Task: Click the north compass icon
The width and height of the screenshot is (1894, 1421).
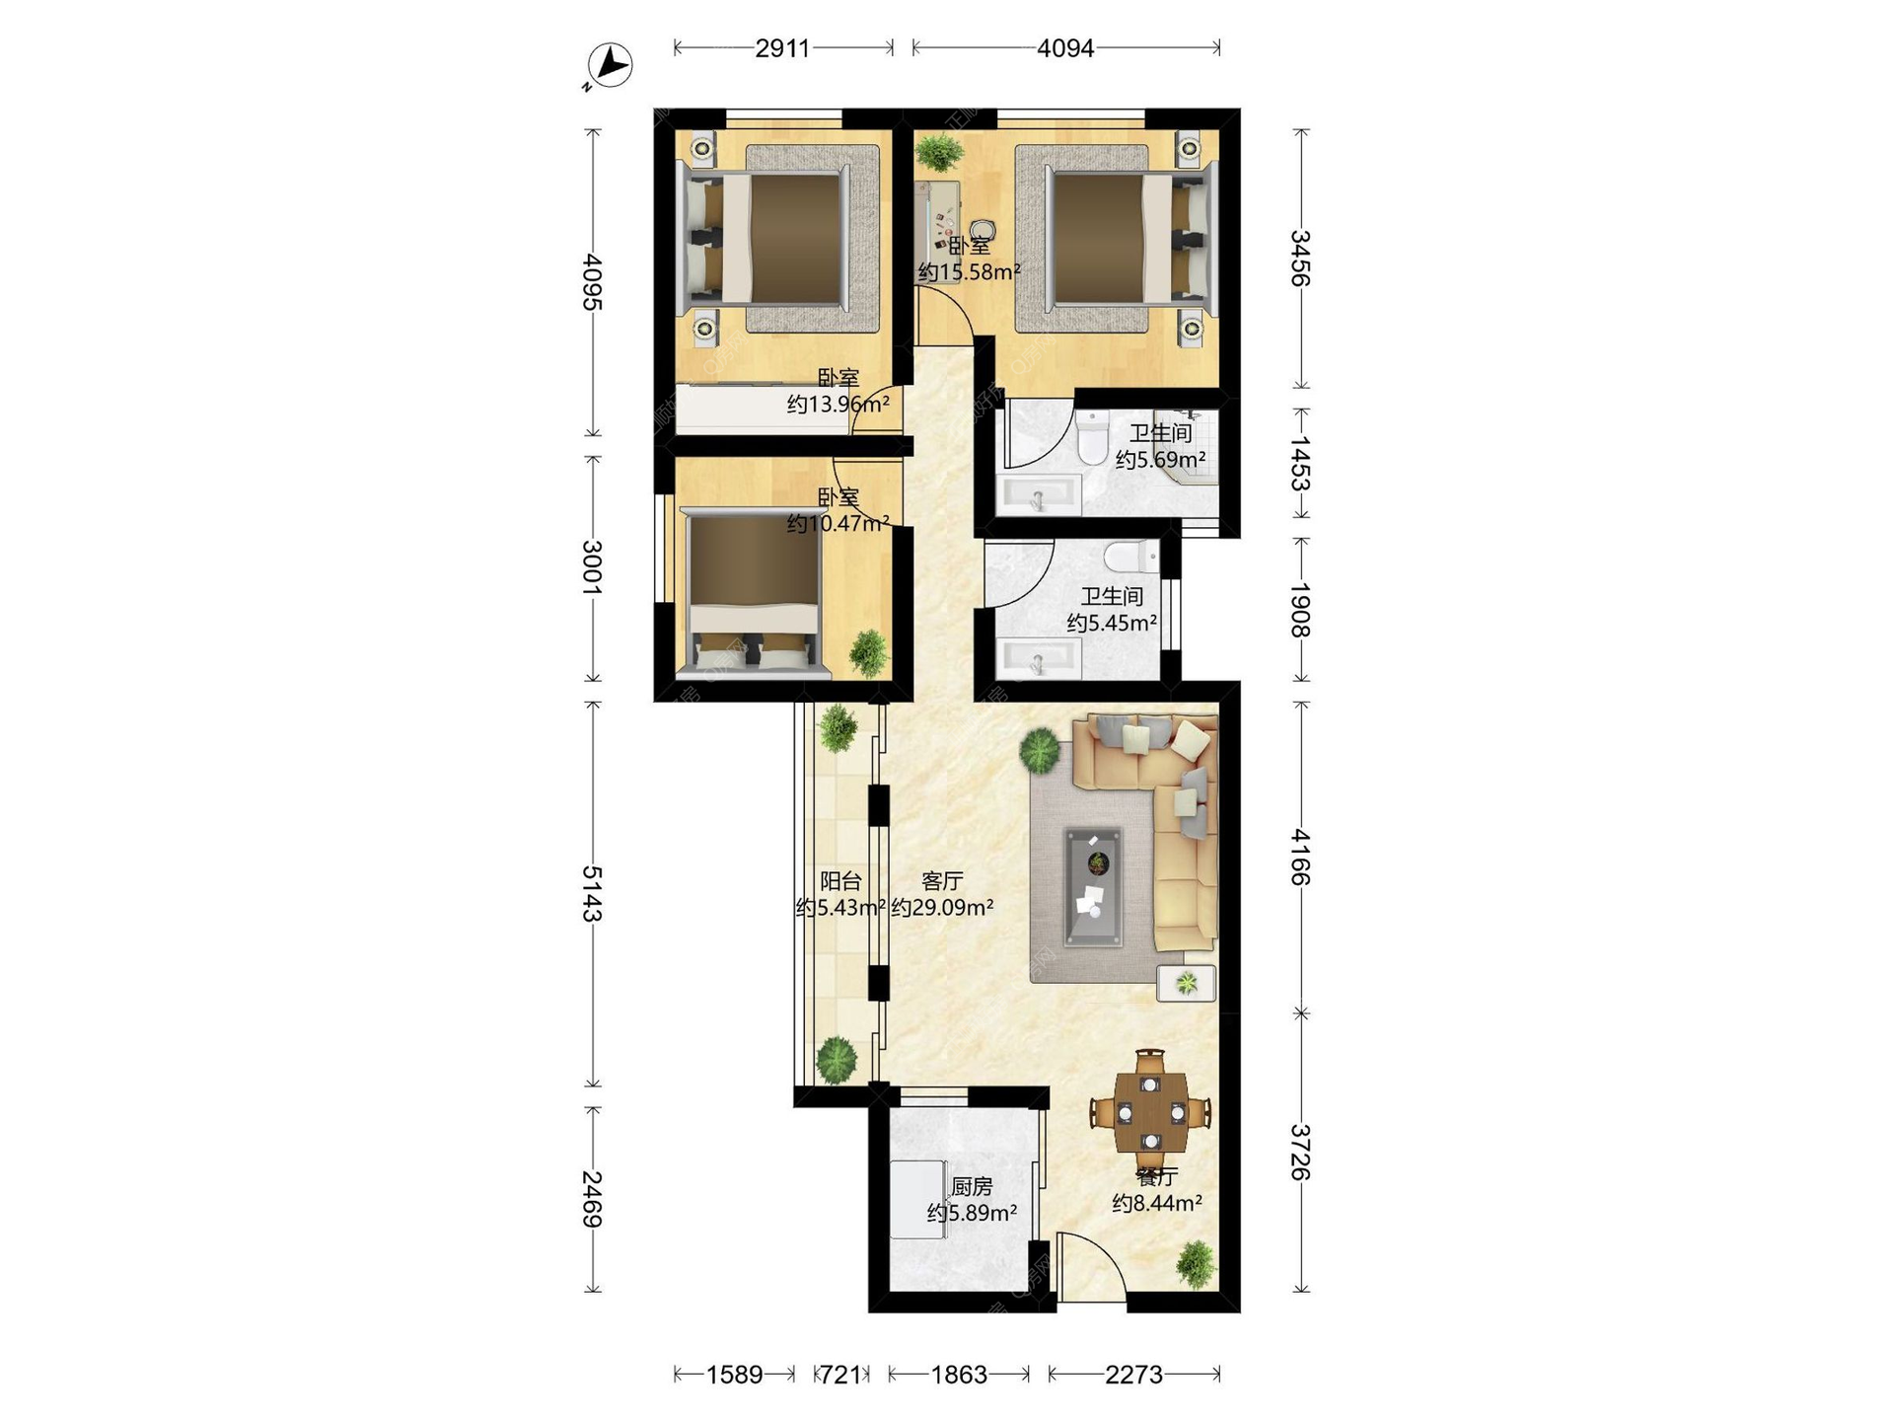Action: tap(610, 65)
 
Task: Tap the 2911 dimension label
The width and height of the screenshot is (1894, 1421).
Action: tap(782, 47)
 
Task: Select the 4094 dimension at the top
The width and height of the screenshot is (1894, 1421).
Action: tap(1065, 47)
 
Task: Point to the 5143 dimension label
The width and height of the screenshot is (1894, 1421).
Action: tap(592, 893)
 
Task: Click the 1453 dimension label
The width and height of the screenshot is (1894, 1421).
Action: tap(1301, 463)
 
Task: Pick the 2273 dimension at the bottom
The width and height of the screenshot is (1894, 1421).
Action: tap(1133, 1374)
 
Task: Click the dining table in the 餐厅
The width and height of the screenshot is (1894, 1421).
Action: tap(1150, 1113)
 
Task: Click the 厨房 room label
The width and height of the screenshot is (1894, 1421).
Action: tap(972, 1186)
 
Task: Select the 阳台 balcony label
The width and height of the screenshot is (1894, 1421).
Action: tap(840, 881)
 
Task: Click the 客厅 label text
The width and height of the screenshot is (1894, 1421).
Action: tap(942, 881)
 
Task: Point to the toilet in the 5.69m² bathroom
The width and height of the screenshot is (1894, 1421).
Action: tap(1092, 437)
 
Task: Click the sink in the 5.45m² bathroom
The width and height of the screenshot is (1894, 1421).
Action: tap(1038, 658)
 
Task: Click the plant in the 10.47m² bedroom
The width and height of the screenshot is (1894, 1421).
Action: tap(868, 652)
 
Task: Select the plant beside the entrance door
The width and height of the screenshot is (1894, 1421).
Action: tap(1196, 1264)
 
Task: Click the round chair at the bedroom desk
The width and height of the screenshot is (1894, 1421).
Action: tap(982, 230)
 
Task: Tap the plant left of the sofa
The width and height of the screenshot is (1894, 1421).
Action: tap(1040, 750)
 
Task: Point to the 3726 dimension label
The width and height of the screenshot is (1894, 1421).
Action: tap(1301, 1152)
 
